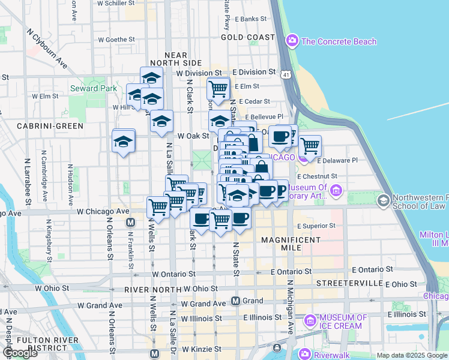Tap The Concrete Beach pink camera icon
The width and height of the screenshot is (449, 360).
(x=292, y=41)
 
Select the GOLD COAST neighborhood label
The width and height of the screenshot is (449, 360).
(x=247, y=37)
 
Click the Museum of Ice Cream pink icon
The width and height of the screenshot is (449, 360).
(x=310, y=321)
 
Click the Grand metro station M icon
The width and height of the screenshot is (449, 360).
(x=236, y=301)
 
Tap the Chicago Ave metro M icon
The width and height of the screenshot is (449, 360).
(x=130, y=223)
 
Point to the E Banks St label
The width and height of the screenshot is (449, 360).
(x=250, y=19)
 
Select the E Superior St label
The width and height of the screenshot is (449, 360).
(x=316, y=226)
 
